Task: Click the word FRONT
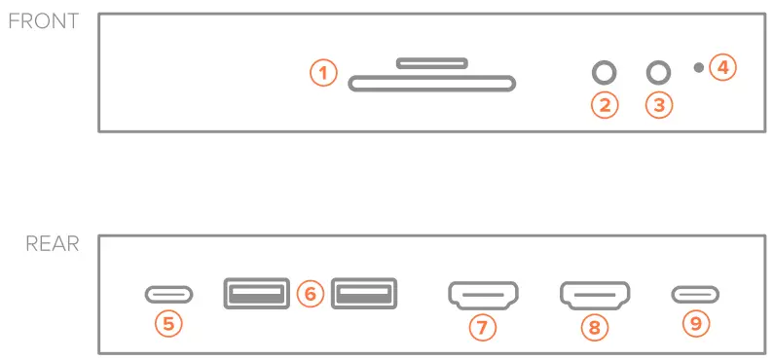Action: point(43,21)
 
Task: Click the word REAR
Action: point(52,243)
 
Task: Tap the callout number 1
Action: point(323,72)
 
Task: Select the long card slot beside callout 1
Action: point(431,84)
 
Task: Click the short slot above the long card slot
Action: point(431,63)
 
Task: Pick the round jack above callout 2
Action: point(606,72)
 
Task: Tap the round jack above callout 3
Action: point(660,72)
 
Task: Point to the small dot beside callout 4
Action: point(698,67)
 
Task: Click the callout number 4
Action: point(723,67)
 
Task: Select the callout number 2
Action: point(606,105)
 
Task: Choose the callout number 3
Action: point(660,105)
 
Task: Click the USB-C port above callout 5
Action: point(168,293)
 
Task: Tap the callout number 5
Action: point(169,324)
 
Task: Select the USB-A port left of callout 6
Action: point(256,293)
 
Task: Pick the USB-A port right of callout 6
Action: point(364,293)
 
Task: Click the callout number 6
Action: point(310,294)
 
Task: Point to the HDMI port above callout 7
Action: point(483,293)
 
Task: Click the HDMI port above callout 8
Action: point(595,293)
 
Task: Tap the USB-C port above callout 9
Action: point(695,293)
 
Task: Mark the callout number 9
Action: point(695,324)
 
